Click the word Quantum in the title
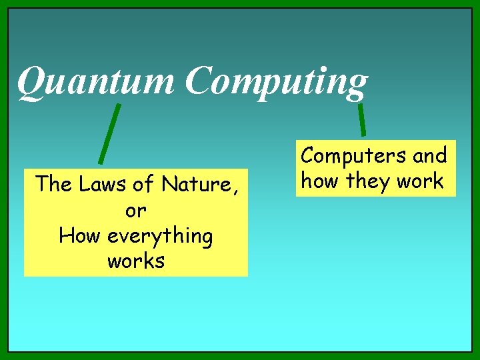97,81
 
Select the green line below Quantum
109,133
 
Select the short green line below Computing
361,119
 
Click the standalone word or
135,210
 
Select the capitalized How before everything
79,236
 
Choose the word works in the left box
135,261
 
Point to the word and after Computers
429,155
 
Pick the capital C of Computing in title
199,81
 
